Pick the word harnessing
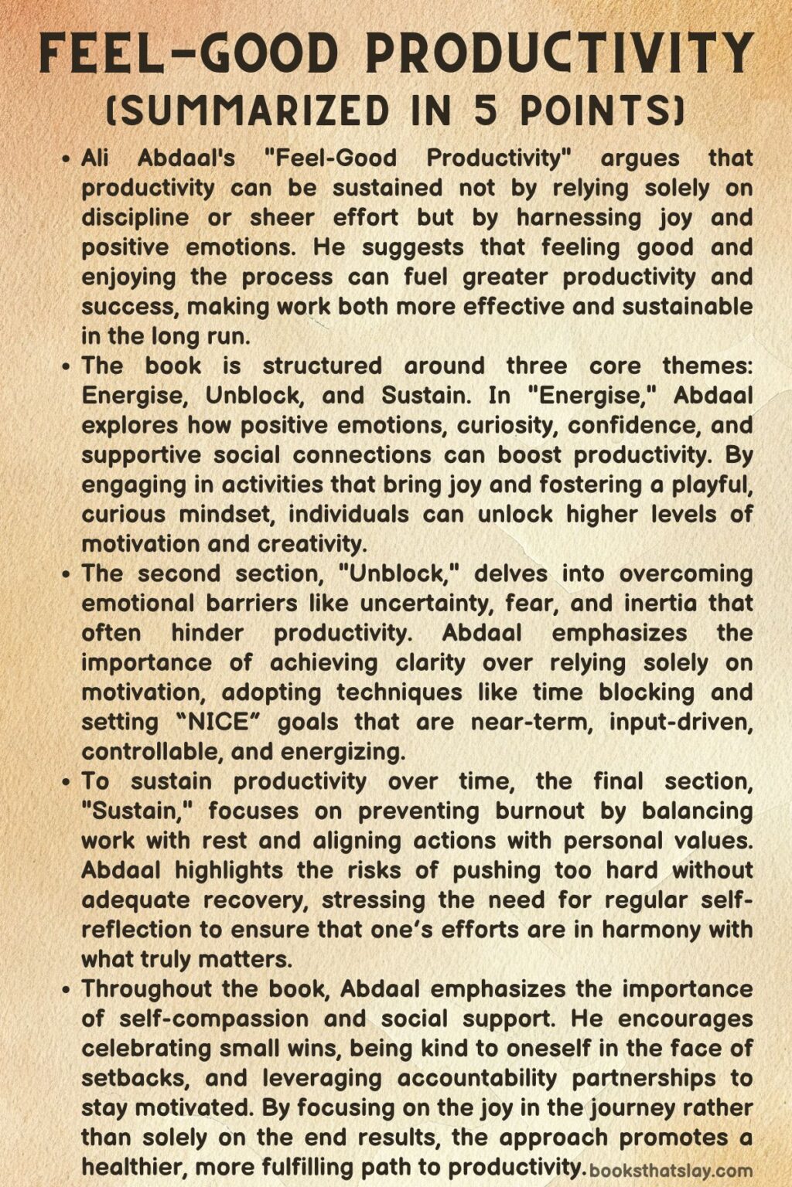click(x=579, y=218)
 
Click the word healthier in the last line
click(x=141, y=1167)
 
